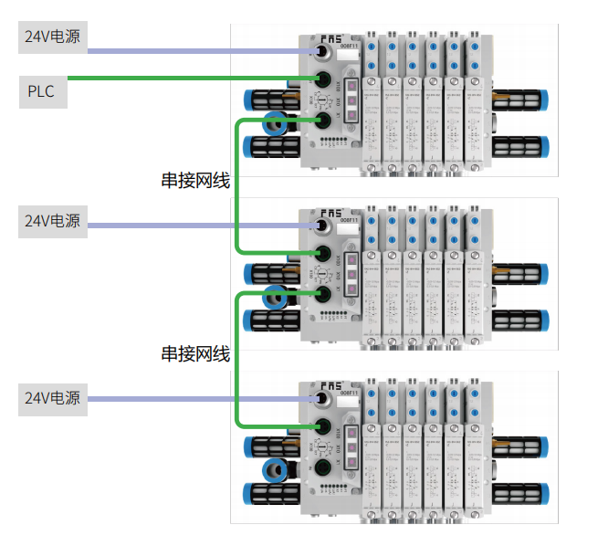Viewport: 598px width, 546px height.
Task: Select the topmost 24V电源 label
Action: [x=52, y=37]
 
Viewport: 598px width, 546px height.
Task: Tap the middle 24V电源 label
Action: [x=52, y=222]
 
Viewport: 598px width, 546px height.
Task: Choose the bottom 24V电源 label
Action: [x=52, y=398]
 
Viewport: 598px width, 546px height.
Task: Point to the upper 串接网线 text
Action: [x=194, y=181]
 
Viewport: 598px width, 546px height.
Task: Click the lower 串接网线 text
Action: [x=194, y=353]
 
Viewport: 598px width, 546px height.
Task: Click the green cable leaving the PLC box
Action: [x=183, y=79]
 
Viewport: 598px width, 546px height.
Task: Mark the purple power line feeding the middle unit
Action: [x=201, y=224]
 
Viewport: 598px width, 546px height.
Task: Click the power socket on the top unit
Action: [x=322, y=53]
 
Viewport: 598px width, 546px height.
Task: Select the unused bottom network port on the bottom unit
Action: [x=322, y=468]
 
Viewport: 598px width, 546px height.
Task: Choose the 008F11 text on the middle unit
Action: [x=351, y=219]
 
